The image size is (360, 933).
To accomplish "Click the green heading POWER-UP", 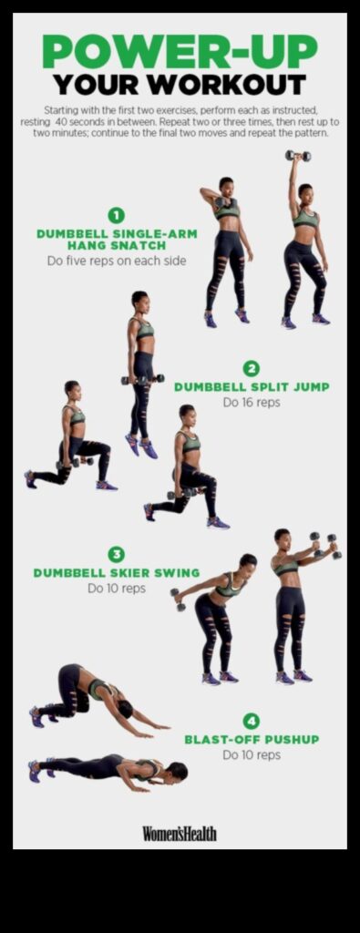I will click(x=180, y=52).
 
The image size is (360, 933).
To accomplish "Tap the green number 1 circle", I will click(x=116, y=215).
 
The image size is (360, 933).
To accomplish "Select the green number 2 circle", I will click(x=252, y=369).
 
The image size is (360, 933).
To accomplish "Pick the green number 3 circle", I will click(x=116, y=554).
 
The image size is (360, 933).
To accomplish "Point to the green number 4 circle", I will click(x=252, y=720).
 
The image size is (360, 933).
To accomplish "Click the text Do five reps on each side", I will click(x=116, y=261).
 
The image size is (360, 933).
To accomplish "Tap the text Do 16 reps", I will click(x=252, y=402).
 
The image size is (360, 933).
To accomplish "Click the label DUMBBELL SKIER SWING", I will click(x=116, y=573).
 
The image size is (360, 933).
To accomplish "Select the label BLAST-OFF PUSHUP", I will click(x=252, y=739).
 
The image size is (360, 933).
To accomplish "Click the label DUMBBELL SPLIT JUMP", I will click(x=252, y=386).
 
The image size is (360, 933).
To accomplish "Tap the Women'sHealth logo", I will click(x=180, y=833).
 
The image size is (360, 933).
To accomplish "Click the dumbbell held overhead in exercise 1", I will click(x=297, y=156).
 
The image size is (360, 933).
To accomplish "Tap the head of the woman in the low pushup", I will click(x=179, y=771).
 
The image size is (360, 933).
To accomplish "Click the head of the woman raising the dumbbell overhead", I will click(x=304, y=191).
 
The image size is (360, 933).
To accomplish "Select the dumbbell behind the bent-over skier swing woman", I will click(x=177, y=598).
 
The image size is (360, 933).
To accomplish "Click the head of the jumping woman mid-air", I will click(x=139, y=298).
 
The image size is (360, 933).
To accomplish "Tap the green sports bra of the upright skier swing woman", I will click(x=288, y=568).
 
